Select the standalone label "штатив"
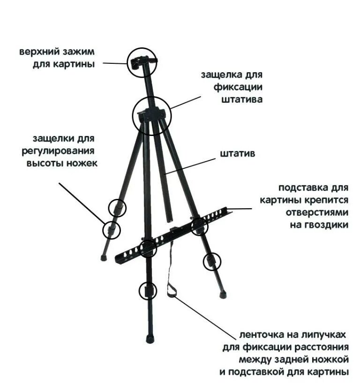click(238, 153)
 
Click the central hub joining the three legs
click(150, 114)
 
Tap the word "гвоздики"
click(325, 225)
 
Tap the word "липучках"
click(324, 335)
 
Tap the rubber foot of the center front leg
click(150, 338)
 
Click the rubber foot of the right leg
click(223, 295)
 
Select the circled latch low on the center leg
click(148, 291)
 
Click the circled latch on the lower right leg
click(211, 261)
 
